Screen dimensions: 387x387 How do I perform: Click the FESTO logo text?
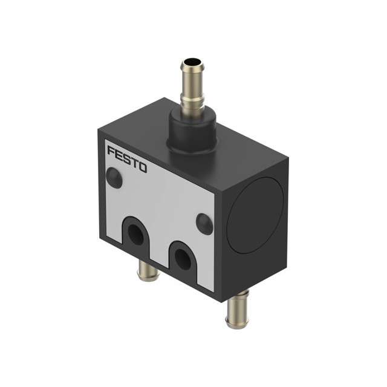127,159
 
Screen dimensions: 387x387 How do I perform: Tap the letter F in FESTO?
111,151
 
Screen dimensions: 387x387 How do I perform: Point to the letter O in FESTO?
143,167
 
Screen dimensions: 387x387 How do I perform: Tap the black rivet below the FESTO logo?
114,178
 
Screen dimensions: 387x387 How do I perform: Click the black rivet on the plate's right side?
204,224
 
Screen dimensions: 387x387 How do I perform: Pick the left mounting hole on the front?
135,235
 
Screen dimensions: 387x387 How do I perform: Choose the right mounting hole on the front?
183,259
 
